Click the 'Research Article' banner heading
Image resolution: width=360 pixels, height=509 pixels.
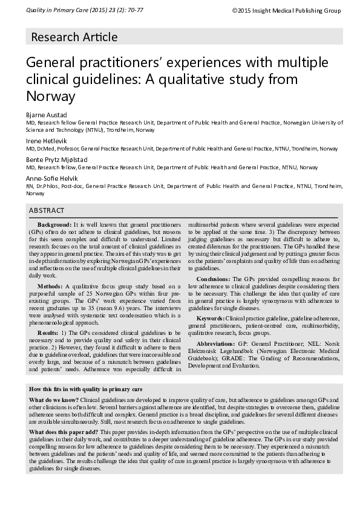point(74,37)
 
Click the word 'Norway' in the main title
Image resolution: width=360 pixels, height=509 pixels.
point(50,97)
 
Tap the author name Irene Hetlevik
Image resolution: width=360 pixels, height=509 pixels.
point(46,141)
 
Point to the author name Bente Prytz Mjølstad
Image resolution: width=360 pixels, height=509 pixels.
point(56,160)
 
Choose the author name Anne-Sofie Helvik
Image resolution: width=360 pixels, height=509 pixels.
point(51,179)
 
